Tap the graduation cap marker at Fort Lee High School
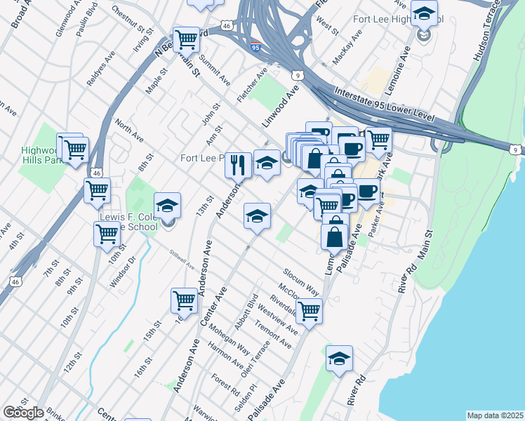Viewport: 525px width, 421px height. tap(424, 14)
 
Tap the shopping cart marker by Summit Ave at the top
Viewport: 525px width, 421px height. tap(186, 39)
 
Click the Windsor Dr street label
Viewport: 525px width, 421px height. tap(121, 274)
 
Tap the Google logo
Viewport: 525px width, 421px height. tap(23, 413)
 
